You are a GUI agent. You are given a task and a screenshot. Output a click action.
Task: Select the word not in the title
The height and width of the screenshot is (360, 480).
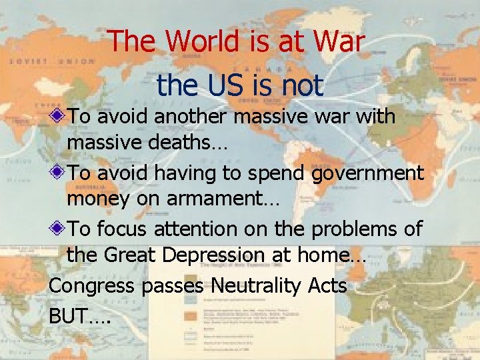coord(301,85)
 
